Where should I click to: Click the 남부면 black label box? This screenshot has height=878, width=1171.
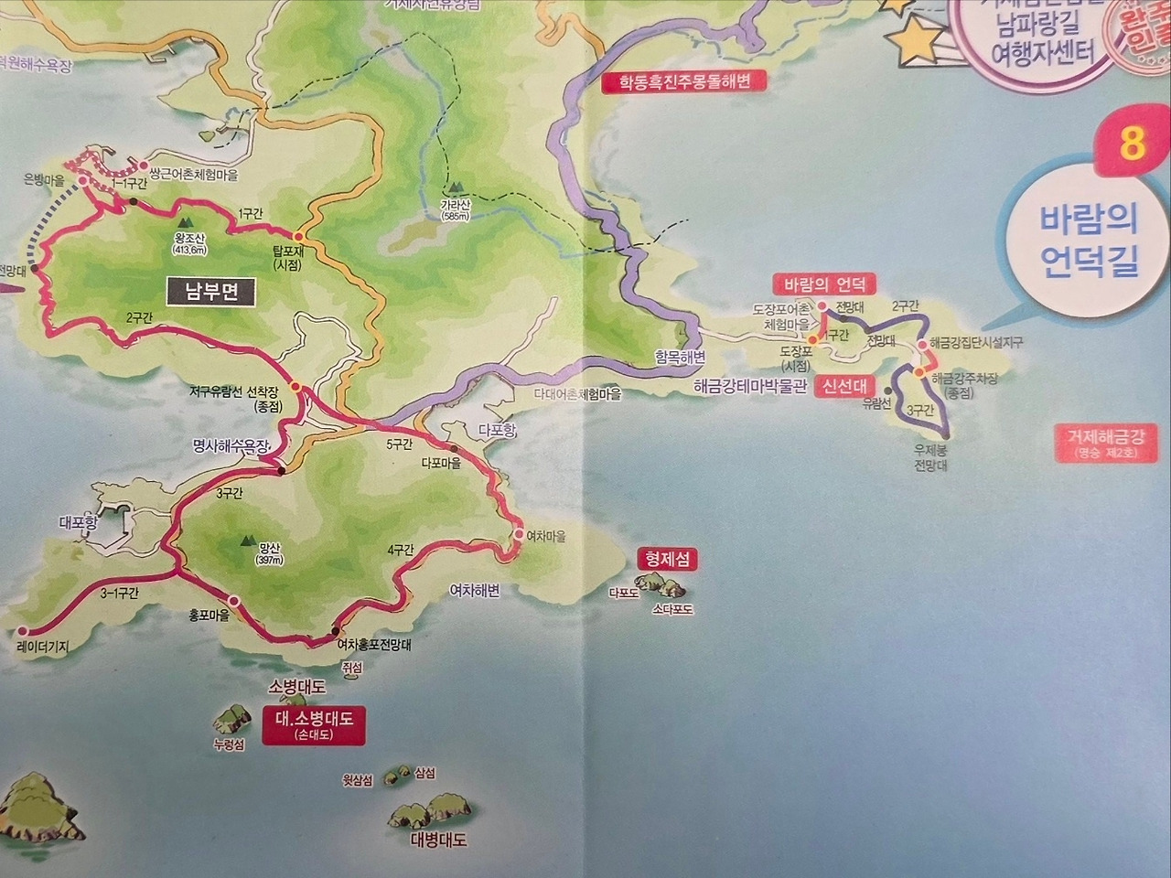pos(209,292)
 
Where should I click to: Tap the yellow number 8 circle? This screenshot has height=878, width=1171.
pos(1132,143)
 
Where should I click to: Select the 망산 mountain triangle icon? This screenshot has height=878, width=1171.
pos(246,541)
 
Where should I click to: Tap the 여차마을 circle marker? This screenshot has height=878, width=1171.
pos(519,534)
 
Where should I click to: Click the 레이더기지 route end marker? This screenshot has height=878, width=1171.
pos(22,630)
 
